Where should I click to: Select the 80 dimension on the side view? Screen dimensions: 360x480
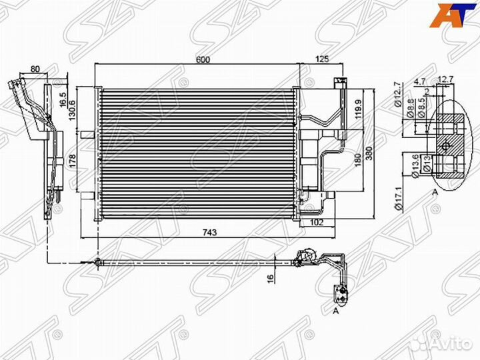tap(35, 69)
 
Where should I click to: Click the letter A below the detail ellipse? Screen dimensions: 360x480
tap(435, 191)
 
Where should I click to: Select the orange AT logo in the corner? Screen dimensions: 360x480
tap(449, 15)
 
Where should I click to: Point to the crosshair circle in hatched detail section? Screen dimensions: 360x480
tap(445, 145)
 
